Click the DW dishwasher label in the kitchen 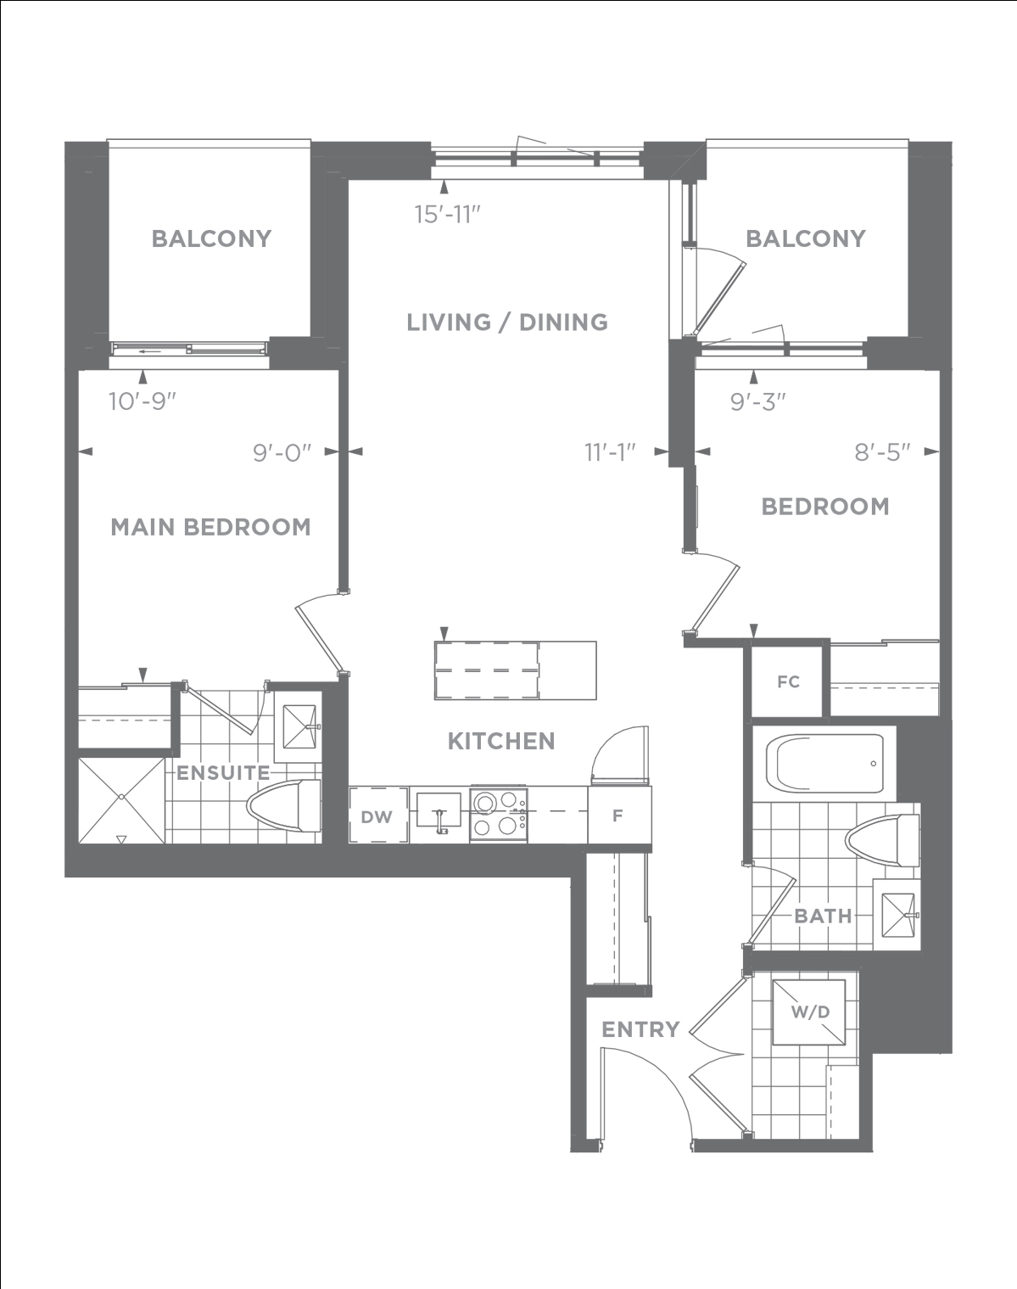[x=377, y=816]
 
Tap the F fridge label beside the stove [x=617, y=815]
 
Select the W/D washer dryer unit [x=809, y=1012]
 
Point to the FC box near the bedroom [x=788, y=681]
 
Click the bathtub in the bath [x=824, y=764]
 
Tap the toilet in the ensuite [x=284, y=805]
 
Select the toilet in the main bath [x=882, y=840]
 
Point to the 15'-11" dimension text [x=448, y=215]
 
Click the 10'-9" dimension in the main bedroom [x=142, y=401]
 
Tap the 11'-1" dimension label [x=610, y=453]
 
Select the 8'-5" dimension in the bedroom [x=882, y=453]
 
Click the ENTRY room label [x=641, y=1029]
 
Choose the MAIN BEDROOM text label [x=211, y=527]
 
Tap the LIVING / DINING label [x=507, y=322]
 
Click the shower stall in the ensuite [x=121, y=800]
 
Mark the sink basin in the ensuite [x=299, y=726]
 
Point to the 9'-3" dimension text [x=757, y=402]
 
